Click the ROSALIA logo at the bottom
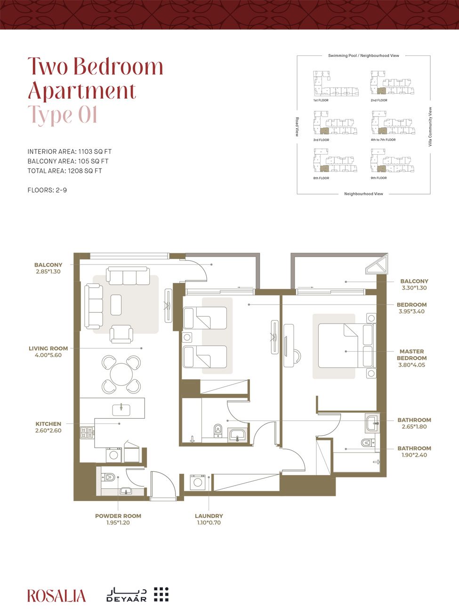pyautogui.click(x=56, y=595)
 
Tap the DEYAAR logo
pyautogui.click(x=137, y=595)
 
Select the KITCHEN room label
pyautogui.click(x=48, y=424)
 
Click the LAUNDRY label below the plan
pyautogui.click(x=209, y=516)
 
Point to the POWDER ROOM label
pyautogui.click(x=118, y=516)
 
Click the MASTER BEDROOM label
pyautogui.click(x=411, y=354)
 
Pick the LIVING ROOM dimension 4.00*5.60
pyautogui.click(x=48, y=355)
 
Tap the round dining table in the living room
pyautogui.click(x=121, y=374)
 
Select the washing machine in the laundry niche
pyautogui.click(x=197, y=482)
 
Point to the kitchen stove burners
pyautogui.click(x=87, y=432)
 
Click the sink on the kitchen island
pyautogui.click(x=121, y=408)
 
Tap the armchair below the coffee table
pyautogui.click(x=121, y=334)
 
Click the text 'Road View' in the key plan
pyautogui.click(x=297, y=127)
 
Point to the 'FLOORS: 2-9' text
pyautogui.click(x=47, y=190)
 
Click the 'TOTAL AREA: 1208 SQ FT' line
pyautogui.click(x=64, y=171)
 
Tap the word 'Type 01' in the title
pyautogui.click(x=63, y=115)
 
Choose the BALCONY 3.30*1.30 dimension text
pyautogui.click(x=414, y=288)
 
